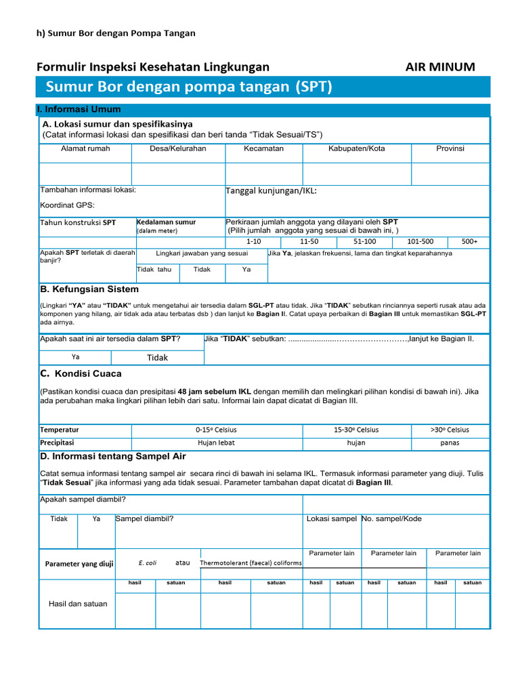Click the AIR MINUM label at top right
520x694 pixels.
click(x=439, y=66)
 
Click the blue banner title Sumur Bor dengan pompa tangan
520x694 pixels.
click(x=189, y=86)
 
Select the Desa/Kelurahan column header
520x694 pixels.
click(x=177, y=148)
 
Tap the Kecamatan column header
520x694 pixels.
click(x=263, y=148)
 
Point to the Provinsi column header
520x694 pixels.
click(x=450, y=148)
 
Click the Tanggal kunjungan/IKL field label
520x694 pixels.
click(x=271, y=191)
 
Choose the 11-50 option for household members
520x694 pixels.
click(x=309, y=241)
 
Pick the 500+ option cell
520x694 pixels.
click(x=469, y=241)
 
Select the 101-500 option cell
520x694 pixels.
click(x=420, y=241)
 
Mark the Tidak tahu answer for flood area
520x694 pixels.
click(x=154, y=269)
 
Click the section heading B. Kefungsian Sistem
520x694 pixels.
click(x=90, y=289)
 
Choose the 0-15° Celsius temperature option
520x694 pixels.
click(x=216, y=430)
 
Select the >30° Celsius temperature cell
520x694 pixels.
click(x=450, y=430)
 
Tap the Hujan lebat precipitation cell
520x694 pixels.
click(x=216, y=443)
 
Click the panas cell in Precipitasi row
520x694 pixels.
click(x=450, y=443)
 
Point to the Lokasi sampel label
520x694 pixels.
click(x=331, y=518)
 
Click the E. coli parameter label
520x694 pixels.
click(x=147, y=563)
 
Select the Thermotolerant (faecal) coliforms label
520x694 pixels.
click(x=251, y=563)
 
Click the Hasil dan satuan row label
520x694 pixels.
click(x=78, y=603)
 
